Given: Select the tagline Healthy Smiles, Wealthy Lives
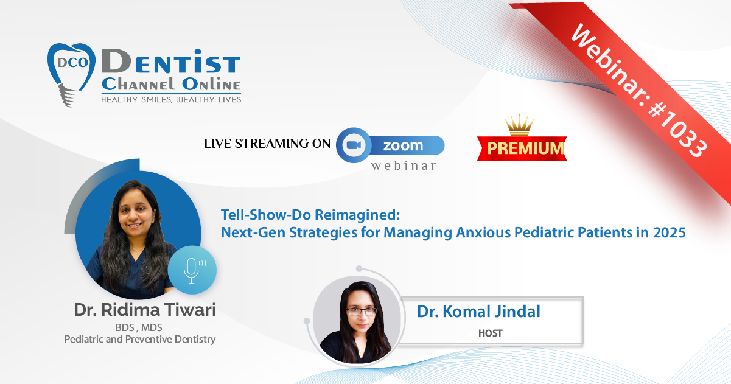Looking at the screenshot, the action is point(171,100).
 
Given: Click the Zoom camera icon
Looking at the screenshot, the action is point(354,145).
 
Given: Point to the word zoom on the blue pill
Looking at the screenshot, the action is point(403,145).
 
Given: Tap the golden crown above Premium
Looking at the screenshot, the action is point(519,125).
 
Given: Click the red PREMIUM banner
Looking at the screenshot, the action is point(522,148).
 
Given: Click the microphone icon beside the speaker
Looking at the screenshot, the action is point(192,270).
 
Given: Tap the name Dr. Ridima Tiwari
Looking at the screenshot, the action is point(145,310).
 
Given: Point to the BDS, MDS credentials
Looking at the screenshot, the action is point(139,327).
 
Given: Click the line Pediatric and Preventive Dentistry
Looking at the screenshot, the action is point(140,340).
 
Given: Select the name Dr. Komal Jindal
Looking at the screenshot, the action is point(479,311).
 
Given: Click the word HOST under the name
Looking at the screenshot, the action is point(490,333).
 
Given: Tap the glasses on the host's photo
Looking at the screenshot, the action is point(362,311).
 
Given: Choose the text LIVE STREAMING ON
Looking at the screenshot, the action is point(267,144).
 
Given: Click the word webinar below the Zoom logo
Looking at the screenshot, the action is point(404,166).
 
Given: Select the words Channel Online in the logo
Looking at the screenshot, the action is point(171,84).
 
